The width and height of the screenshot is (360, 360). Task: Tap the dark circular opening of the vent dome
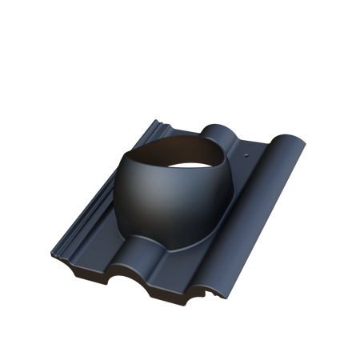click(x=188, y=155)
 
